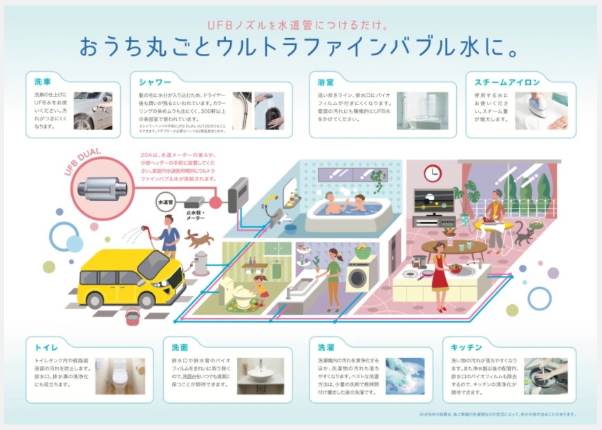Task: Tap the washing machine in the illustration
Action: click(359, 277)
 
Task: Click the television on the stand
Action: click(434, 201)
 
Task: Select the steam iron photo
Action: click(541, 111)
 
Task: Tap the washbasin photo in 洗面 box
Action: click(260, 375)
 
